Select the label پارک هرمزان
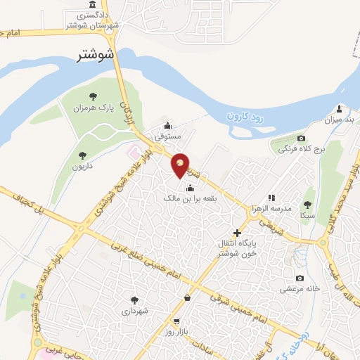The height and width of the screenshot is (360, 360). point(96,109)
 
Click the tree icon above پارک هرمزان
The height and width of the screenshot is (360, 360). point(93,96)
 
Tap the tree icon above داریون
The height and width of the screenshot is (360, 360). point(82,155)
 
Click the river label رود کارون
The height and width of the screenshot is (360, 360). point(245,118)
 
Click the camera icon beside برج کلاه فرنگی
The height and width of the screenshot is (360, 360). point(301,138)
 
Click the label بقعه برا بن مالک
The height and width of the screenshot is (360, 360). point(188,200)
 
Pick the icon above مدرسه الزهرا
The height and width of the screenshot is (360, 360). point(271,198)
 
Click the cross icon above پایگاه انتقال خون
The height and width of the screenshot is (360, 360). point(237,232)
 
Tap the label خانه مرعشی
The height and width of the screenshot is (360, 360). point(301,289)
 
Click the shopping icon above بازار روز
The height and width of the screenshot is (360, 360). point(186,298)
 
